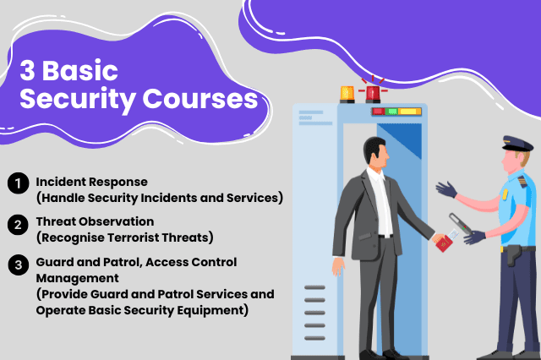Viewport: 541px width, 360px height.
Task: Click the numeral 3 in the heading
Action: click(29, 69)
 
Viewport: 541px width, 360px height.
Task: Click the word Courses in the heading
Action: click(204, 99)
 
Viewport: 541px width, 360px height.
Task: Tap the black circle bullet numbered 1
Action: click(16, 183)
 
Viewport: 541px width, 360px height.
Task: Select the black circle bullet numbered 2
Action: click(16, 224)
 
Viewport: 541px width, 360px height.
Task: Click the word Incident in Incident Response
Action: click(63, 182)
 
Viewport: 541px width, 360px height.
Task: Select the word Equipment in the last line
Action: click(217, 309)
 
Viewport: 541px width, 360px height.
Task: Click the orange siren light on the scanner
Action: click(347, 93)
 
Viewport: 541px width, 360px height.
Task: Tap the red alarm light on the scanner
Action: click(374, 92)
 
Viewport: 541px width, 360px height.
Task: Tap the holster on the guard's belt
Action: click(513, 252)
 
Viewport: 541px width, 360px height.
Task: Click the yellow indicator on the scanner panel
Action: click(410, 111)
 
